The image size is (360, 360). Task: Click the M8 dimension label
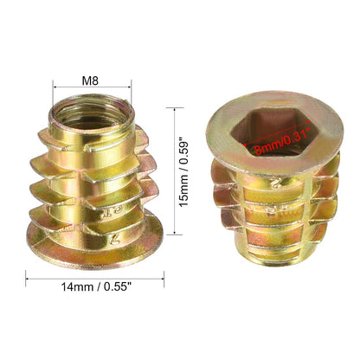pos(90,80)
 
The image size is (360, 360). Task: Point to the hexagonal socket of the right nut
pos(272,131)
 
